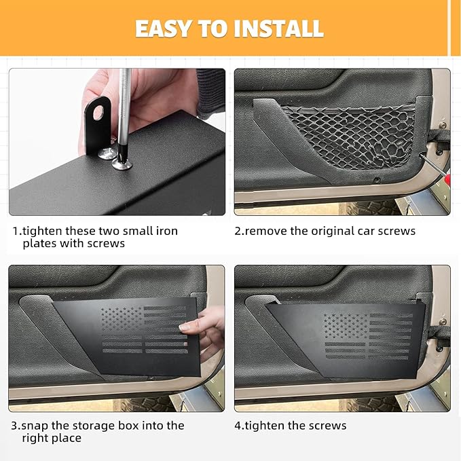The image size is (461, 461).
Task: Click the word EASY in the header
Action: point(166,29)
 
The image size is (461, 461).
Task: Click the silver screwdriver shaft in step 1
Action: point(124,102)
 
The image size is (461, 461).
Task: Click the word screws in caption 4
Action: point(327,426)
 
